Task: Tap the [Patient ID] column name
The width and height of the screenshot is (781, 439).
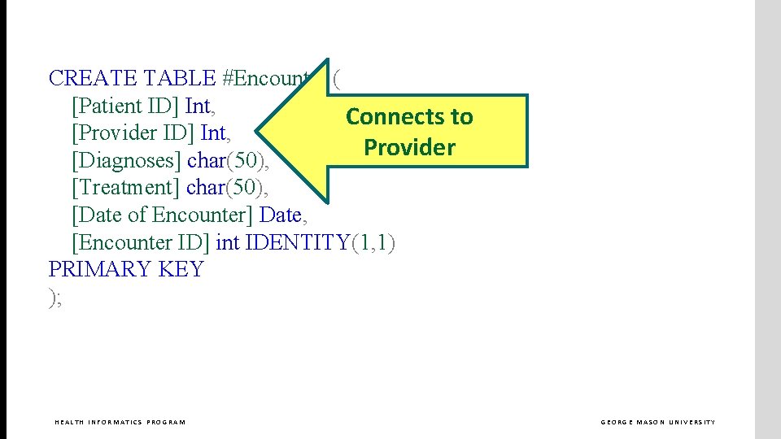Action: click(x=125, y=106)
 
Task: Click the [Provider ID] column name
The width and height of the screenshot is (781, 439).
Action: click(x=133, y=133)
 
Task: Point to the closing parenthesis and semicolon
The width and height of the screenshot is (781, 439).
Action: click(x=55, y=298)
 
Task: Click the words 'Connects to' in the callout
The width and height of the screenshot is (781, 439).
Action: click(x=409, y=117)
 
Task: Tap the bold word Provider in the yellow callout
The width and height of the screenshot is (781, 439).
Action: click(x=409, y=148)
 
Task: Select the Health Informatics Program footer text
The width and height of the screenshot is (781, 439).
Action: click(x=120, y=422)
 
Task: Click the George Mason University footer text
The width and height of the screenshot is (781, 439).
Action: click(x=658, y=422)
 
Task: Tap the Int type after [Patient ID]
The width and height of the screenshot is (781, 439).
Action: click(x=200, y=106)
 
